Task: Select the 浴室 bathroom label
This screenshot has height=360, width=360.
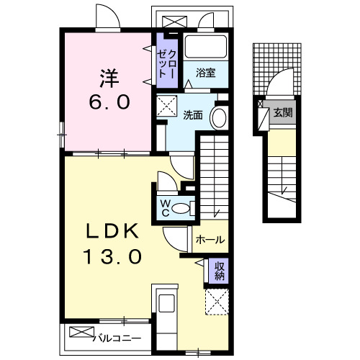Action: point(206,72)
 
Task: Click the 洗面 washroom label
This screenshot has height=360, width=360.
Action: point(192,114)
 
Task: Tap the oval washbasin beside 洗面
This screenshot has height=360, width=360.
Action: point(218,119)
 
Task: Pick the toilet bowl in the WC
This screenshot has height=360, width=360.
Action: point(184,209)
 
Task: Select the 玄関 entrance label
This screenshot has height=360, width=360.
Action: point(282,112)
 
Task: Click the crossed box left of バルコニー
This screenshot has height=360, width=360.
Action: point(82,333)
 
